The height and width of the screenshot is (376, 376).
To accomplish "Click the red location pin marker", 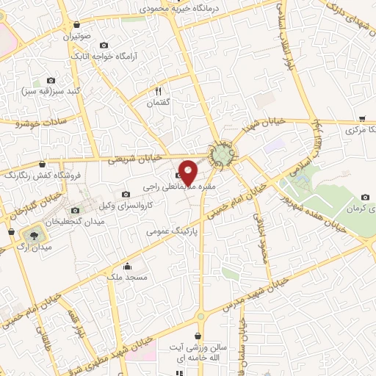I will (x=188, y=172).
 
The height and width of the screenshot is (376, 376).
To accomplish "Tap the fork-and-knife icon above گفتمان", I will (x=158, y=91).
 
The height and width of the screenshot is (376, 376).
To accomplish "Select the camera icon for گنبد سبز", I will (x=51, y=80).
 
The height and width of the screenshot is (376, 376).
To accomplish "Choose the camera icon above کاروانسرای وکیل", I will (x=126, y=194).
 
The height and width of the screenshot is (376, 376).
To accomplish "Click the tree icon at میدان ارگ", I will (x=33, y=235).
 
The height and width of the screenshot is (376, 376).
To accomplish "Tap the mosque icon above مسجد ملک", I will (x=129, y=266).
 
